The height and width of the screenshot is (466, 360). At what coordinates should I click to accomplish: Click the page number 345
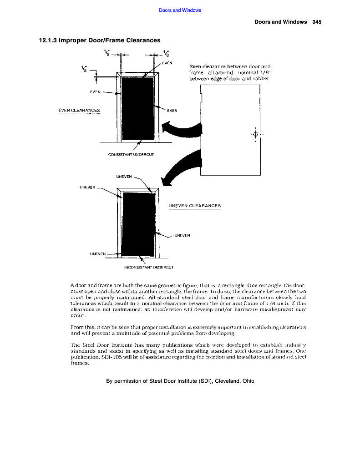pyautogui.click(x=317, y=22)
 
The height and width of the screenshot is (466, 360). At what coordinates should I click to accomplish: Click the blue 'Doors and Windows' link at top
pyautogui.click(x=180, y=10)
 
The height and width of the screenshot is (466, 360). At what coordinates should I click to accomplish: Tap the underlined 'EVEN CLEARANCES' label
pyautogui.click(x=79, y=110)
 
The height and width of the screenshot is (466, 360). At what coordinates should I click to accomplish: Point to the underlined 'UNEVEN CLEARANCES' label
pyautogui.click(x=194, y=206)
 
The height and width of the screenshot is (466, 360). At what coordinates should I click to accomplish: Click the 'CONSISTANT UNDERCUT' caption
pyautogui.click(x=131, y=155)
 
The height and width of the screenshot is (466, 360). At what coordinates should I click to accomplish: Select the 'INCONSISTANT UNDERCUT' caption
pyautogui.click(x=150, y=268)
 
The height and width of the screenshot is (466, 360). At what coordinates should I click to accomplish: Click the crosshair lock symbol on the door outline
pyautogui.click(x=255, y=134)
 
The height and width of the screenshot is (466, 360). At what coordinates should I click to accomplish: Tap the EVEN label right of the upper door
pyautogui.click(x=172, y=110)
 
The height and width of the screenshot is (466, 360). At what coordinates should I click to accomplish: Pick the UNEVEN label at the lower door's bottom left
pyautogui.click(x=97, y=253)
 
